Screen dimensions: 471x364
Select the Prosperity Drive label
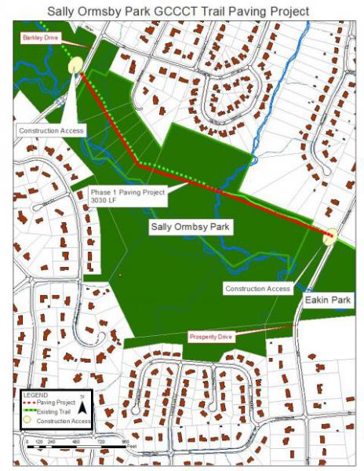pos(211,336)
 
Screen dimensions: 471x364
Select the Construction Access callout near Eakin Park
pos(258,289)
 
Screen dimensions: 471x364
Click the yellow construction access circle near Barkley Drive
pos(76,65)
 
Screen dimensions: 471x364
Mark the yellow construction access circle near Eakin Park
pos(330,235)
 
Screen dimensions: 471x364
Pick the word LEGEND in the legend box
pos(36,394)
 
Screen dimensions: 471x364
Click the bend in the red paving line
pos(139,164)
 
